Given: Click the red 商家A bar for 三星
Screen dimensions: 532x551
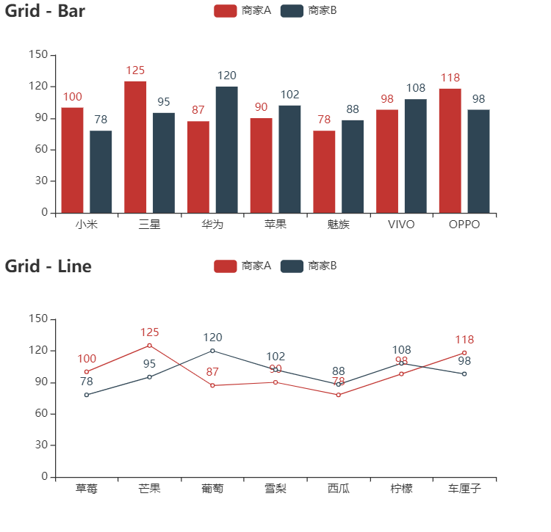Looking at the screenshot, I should (x=135, y=147).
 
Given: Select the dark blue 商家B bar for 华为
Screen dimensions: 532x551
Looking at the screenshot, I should (x=226, y=150).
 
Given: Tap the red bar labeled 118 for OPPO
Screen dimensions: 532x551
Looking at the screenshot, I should (x=450, y=150).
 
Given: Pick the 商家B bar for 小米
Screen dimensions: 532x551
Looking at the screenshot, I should (x=101, y=172).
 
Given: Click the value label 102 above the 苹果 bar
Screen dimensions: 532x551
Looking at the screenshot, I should (x=289, y=95).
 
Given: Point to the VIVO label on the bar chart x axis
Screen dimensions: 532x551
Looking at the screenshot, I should (x=401, y=225).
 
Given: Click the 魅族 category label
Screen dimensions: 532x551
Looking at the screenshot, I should (x=338, y=225).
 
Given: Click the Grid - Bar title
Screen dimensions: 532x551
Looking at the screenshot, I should (x=46, y=11).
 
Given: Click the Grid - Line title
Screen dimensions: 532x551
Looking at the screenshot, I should (x=48, y=266).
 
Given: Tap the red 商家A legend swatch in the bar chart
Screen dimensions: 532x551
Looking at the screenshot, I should (x=226, y=11).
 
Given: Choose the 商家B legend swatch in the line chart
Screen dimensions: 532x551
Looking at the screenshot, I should (x=292, y=266).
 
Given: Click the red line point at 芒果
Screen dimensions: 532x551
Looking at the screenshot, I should (x=150, y=345).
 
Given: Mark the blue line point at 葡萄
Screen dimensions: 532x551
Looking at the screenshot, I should (x=212, y=351).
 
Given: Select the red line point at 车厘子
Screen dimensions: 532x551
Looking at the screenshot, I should (x=464, y=353).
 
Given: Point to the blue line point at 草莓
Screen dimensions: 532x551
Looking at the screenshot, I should (x=87, y=395).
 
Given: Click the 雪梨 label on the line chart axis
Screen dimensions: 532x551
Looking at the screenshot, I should (x=275, y=489).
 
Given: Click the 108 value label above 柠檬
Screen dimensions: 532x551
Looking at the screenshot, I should (x=401, y=350).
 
